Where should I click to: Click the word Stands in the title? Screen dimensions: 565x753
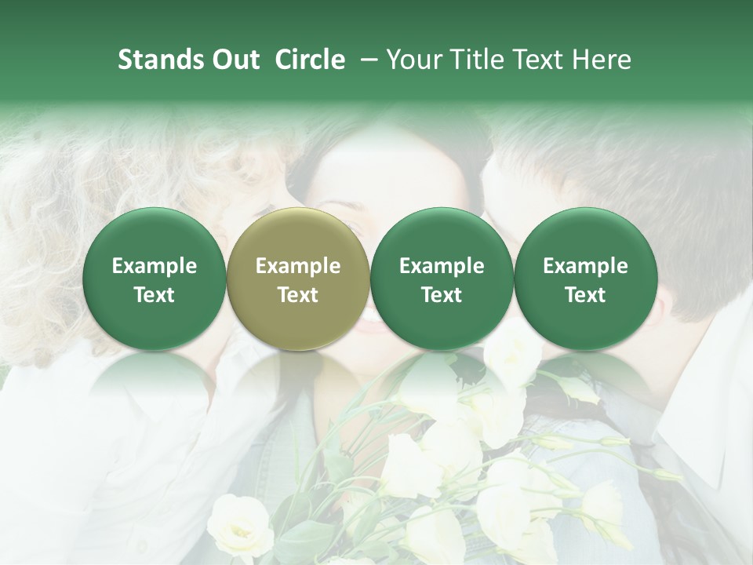(160, 60)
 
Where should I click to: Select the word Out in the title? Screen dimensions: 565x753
(235, 60)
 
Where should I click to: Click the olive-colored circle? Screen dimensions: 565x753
(297, 279)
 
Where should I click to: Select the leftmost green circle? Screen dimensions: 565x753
(154, 279)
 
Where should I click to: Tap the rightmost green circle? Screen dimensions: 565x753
(585, 279)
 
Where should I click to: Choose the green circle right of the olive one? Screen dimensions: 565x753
(442, 279)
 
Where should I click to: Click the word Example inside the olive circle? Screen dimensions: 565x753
(297, 266)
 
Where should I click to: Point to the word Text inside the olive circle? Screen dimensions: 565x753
(297, 295)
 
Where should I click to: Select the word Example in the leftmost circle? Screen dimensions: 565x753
(154, 266)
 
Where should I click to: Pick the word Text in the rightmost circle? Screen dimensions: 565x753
(585, 295)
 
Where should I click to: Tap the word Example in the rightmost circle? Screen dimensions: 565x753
(585, 266)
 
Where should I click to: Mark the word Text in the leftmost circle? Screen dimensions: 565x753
(154, 295)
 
